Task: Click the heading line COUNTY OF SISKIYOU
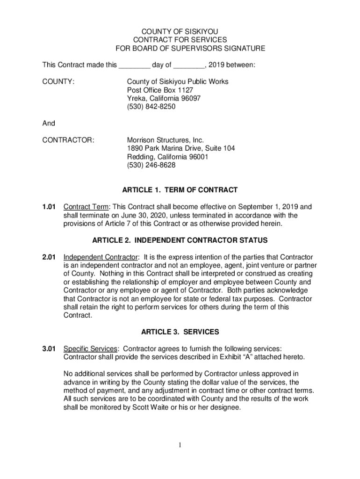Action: pyautogui.click(x=180, y=31)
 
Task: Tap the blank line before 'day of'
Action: pyautogui.click(x=134, y=65)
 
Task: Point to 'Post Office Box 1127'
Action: pyautogui.click(x=160, y=90)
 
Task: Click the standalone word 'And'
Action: pyautogui.click(x=49, y=123)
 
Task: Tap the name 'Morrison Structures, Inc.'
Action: pyautogui.click(x=166, y=140)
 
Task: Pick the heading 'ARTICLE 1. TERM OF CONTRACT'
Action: pyautogui.click(x=180, y=190)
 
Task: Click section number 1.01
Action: pyautogui.click(x=49, y=207)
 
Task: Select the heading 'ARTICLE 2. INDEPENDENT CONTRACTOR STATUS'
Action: pyautogui.click(x=180, y=240)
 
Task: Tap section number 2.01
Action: pyautogui.click(x=49, y=257)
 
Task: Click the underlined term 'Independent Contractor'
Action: pyautogui.click(x=101, y=257)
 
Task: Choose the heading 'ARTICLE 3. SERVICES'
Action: pyautogui.click(x=180, y=332)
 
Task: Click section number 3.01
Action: pyautogui.click(x=49, y=349)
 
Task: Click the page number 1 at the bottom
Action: pyautogui.click(x=180, y=445)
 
